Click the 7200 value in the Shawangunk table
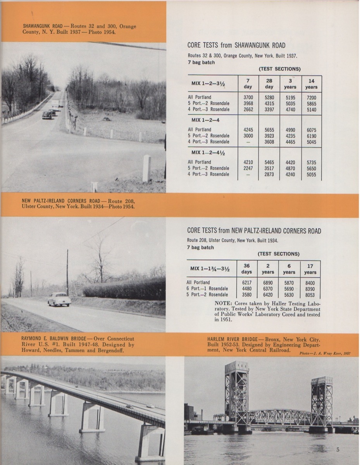[x=311, y=97]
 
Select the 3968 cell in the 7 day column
[x=248, y=103]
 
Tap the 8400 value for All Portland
[x=310, y=282]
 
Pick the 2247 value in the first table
[x=248, y=168]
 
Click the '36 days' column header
[x=247, y=269]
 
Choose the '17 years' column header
[x=310, y=269]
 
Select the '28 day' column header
[x=269, y=84]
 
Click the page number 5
[x=338, y=449]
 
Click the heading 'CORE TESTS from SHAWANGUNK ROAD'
[x=236, y=46]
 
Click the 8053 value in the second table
[x=310, y=295]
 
